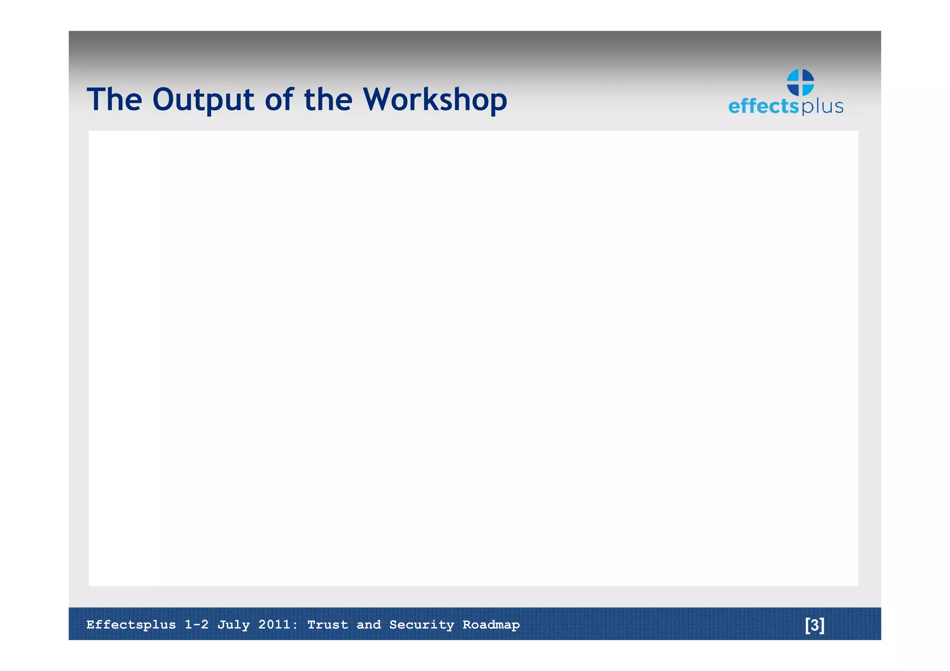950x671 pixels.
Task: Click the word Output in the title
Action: pyautogui.click(x=203, y=100)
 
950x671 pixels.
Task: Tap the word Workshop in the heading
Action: pyautogui.click(x=435, y=100)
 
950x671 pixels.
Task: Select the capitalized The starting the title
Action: pyautogui.click(x=114, y=100)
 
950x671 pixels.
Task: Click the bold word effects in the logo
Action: pyautogui.click(x=763, y=106)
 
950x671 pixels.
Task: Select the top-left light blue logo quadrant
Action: pyautogui.click(x=794, y=76)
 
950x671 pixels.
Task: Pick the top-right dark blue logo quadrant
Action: pyautogui.click(x=808, y=76)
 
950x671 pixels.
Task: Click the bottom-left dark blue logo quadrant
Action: pyautogui.click(x=794, y=89)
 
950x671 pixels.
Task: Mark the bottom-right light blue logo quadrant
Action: pyautogui.click(x=808, y=89)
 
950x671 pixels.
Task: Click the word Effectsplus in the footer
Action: pyautogui.click(x=131, y=625)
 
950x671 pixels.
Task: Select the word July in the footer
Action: pyautogui.click(x=233, y=625)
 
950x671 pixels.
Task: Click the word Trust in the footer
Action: pyautogui.click(x=327, y=625)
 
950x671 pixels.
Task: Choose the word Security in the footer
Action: pyautogui.click(x=421, y=625)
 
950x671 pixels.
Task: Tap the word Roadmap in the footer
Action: pyautogui.click(x=491, y=625)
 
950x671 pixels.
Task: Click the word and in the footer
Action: pyautogui.click(x=368, y=625)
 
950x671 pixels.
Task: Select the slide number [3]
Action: pyautogui.click(x=815, y=625)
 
